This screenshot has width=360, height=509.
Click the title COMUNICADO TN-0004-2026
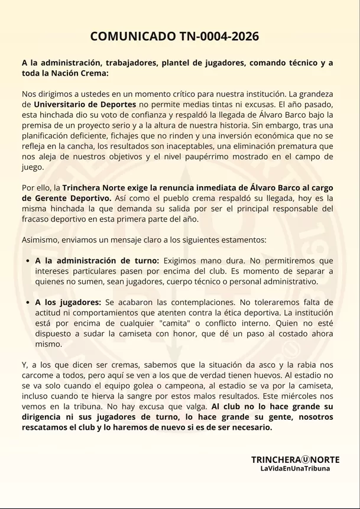click(174, 37)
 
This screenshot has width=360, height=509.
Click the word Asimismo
click(41, 239)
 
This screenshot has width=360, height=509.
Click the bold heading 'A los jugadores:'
click(68, 301)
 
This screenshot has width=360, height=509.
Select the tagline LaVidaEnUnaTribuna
click(296, 468)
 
